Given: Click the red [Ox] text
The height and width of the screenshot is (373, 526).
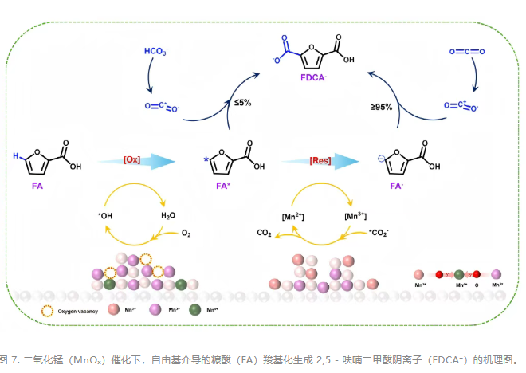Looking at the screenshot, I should point(133,160).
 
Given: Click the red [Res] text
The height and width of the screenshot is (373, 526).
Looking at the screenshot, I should point(320,160).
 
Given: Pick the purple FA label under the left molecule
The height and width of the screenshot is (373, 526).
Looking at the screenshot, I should point(37,186).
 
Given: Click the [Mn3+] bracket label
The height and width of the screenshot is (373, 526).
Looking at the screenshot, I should point(354,215).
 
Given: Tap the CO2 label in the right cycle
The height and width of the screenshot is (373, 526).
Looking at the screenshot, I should point(265,234).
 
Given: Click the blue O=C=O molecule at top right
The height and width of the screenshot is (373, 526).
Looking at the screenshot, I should point(466,52).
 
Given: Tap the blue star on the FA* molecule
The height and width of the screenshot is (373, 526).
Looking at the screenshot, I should point(207,159).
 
